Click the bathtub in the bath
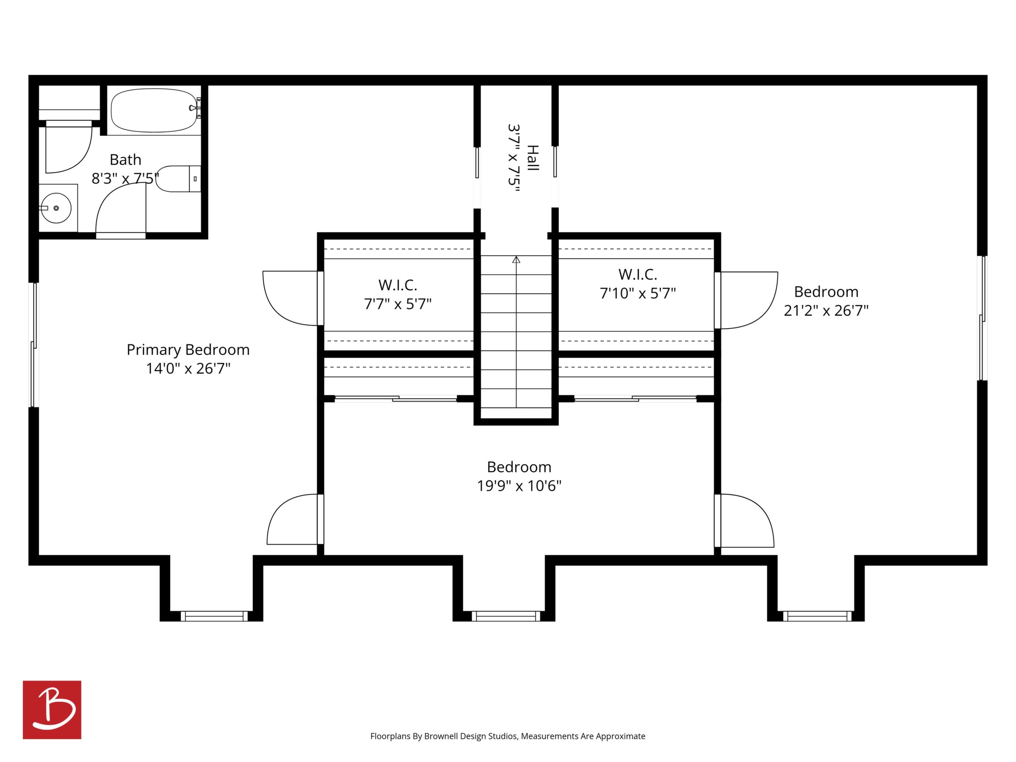click(154, 110)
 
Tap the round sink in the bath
click(56, 208)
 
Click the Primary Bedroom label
click(188, 350)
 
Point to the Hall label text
click(532, 158)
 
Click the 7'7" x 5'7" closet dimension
click(398, 304)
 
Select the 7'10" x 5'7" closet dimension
click(637, 293)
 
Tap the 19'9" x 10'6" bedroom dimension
click(519, 486)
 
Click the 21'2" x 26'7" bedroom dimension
click(826, 311)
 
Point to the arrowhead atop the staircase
click(516, 260)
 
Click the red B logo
click(52, 709)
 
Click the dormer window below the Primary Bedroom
click(214, 616)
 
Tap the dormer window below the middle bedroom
click(506, 616)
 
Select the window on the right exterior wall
click(983, 318)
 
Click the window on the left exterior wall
click(33, 345)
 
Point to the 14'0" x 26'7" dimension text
click(188, 368)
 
